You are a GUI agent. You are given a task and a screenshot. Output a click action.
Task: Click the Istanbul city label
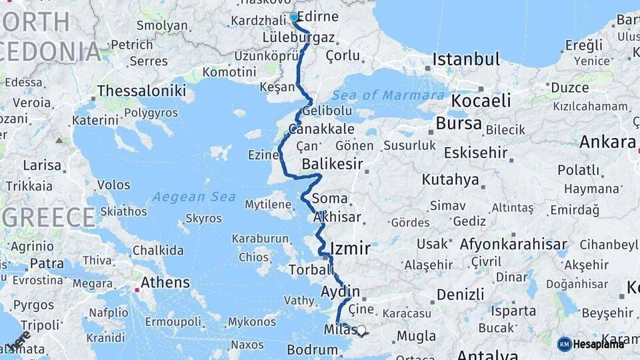pos(466,59)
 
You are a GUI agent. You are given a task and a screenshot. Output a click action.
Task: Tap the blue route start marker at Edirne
pos(294,17)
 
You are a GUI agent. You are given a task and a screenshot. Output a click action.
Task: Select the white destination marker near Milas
pos(361,330)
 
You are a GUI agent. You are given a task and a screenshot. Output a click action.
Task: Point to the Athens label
pos(165,283)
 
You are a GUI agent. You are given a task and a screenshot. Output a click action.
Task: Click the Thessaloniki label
pos(141,91)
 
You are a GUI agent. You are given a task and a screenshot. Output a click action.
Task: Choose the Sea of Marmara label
pos(397,95)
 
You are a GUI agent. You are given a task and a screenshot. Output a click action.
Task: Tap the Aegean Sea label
pos(194,197)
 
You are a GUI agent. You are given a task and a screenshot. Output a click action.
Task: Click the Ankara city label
pos(607,142)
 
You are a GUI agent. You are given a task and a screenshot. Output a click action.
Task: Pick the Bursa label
pos(459,123)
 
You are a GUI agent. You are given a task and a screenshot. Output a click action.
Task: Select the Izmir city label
pos(351,249)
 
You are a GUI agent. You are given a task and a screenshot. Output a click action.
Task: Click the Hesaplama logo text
pos(599,344)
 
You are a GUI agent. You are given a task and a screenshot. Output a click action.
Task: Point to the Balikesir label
pos(332,164)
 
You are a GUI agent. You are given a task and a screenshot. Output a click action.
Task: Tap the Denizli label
pos(461,294)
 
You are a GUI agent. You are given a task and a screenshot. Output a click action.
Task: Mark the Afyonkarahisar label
pos(513,244)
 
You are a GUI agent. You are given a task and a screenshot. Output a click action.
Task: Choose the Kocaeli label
pos(481,101)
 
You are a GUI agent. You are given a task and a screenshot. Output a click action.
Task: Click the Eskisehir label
pos(476,153)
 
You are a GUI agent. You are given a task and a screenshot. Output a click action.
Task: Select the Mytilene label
pos(268,204)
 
